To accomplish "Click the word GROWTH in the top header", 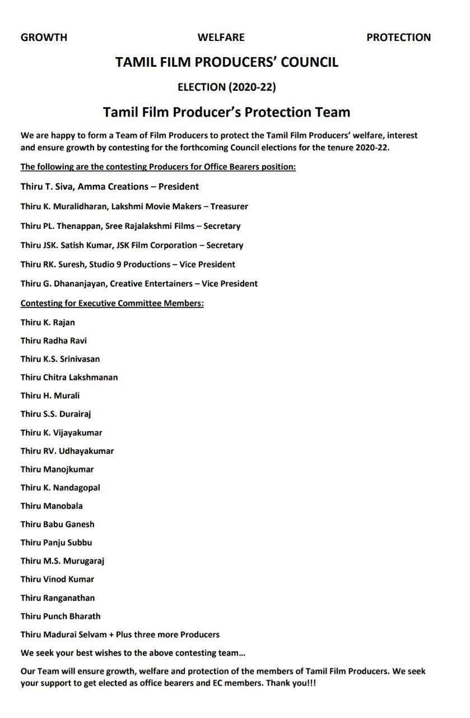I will click(x=44, y=38).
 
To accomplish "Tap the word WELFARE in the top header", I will click(x=221, y=38).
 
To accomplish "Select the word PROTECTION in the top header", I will click(x=398, y=38).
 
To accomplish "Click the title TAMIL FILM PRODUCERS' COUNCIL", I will click(x=227, y=62).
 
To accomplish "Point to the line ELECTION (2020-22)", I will click(x=226, y=87).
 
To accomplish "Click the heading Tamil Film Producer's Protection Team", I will click(x=226, y=112).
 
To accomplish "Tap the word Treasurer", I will click(x=229, y=206).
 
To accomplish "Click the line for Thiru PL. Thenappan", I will click(x=131, y=226).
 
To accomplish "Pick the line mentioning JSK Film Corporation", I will click(x=132, y=245).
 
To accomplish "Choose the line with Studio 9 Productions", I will click(x=128, y=264).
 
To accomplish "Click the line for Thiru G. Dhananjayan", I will click(x=139, y=283).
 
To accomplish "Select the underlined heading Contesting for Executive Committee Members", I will click(x=112, y=303).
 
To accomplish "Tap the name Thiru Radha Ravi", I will click(x=54, y=340).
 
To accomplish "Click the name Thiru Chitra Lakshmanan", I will click(x=69, y=377).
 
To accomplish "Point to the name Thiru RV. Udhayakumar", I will click(x=67, y=451).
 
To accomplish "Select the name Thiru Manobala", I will click(x=52, y=506).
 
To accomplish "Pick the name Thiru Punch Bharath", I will click(x=61, y=616).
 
